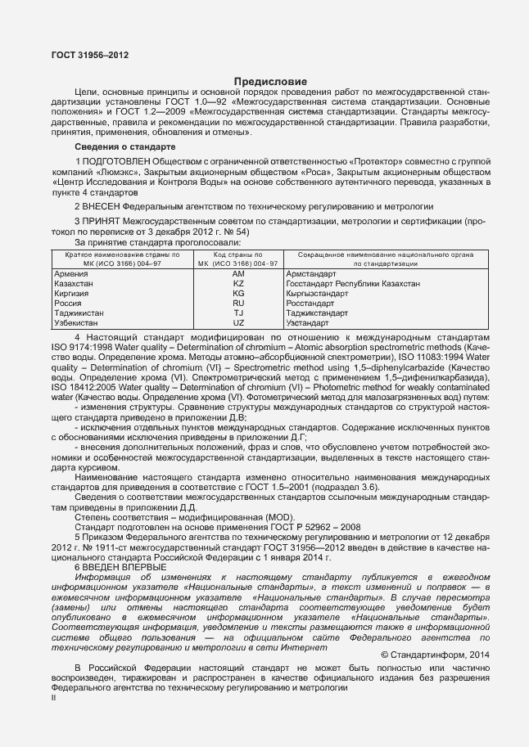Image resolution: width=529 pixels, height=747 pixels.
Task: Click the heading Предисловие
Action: tap(271, 82)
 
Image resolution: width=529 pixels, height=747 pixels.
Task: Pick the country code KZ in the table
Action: tap(238, 283)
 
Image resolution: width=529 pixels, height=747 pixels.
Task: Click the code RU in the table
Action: tap(238, 303)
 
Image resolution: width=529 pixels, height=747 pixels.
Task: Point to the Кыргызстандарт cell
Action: tap(323, 293)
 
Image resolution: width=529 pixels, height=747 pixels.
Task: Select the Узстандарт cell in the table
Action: tap(312, 322)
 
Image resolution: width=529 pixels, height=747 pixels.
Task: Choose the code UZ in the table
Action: tap(238, 322)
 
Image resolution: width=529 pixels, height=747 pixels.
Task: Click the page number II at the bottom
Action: tap(54, 698)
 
